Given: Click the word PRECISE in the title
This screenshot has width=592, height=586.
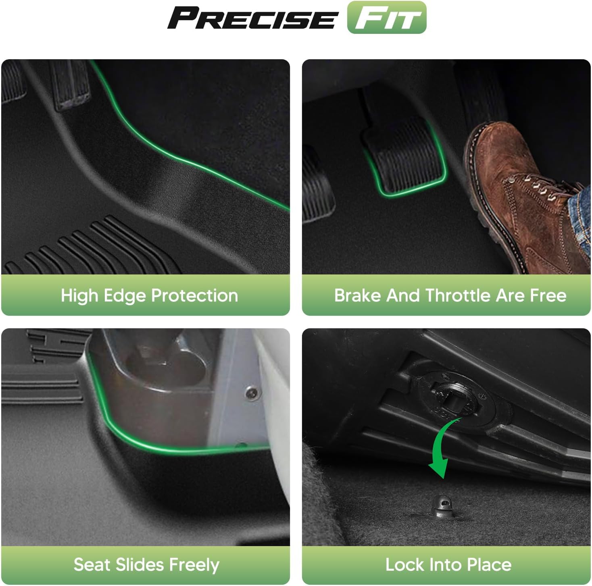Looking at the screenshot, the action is tap(252, 18).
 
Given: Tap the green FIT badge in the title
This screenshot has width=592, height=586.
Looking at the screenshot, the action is tap(387, 17).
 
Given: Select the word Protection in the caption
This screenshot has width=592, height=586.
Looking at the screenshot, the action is tap(195, 295).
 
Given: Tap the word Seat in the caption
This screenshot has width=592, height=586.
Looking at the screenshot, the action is tap(92, 565).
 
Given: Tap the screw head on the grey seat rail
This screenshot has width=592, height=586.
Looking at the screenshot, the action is tap(252, 393).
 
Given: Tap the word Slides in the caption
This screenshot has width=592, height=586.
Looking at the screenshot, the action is tap(140, 565).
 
